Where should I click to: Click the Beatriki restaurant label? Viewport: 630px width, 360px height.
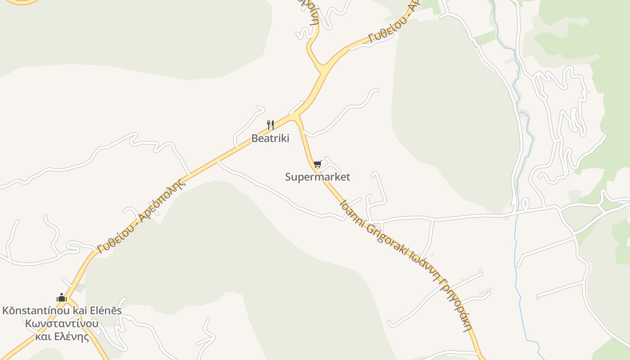coord(270,139)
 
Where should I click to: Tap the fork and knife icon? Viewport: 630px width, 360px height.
coord(270,125)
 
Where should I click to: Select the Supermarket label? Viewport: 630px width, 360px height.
coord(317,177)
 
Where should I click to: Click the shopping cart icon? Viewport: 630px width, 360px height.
coord(318,164)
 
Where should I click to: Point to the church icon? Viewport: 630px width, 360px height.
coord(62,297)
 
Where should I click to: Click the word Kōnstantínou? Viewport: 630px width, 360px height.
coord(36,310)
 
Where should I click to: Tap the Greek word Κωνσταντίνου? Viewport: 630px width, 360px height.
coord(62,324)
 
